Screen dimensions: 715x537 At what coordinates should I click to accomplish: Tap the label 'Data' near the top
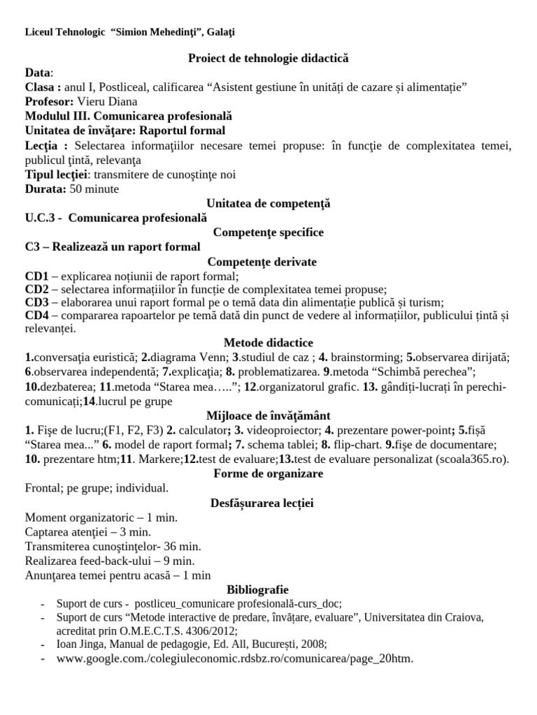38,73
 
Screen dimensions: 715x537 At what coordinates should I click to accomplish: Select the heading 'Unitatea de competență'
268,204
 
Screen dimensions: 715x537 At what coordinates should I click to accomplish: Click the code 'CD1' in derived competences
37,276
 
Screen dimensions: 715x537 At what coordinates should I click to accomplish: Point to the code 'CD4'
37,316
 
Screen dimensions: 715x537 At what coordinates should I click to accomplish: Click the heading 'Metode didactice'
268,342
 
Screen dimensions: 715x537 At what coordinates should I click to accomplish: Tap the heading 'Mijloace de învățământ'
268,415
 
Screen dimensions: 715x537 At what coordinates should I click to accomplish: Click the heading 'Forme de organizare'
268,473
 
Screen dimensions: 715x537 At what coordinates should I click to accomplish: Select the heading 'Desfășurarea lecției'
268,503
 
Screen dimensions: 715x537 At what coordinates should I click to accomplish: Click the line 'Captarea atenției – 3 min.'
93,531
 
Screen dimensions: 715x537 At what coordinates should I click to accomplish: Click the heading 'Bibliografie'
268,589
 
